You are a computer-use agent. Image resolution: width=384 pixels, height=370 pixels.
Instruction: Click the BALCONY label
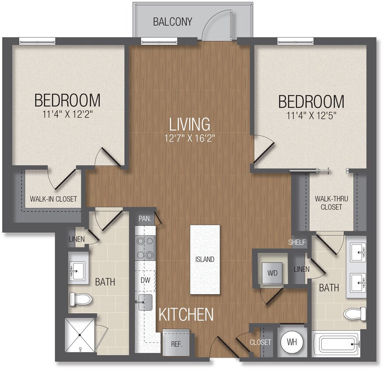tap(172, 21)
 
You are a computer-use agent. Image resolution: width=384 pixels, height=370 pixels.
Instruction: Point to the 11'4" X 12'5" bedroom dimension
tap(311, 116)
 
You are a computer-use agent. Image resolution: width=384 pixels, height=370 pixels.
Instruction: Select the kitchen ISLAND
tap(205, 260)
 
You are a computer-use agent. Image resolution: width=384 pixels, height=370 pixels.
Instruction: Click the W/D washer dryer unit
tap(272, 273)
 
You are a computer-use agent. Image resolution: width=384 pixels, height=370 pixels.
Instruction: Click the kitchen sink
tap(145, 302)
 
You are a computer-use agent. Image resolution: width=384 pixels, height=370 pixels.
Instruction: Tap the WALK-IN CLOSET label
tap(53, 199)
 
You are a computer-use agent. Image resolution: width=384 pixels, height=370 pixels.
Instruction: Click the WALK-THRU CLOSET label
tap(331, 203)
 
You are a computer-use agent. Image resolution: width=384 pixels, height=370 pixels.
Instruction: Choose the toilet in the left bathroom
tap(80, 300)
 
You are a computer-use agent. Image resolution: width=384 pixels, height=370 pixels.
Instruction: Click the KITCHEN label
tap(186, 314)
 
